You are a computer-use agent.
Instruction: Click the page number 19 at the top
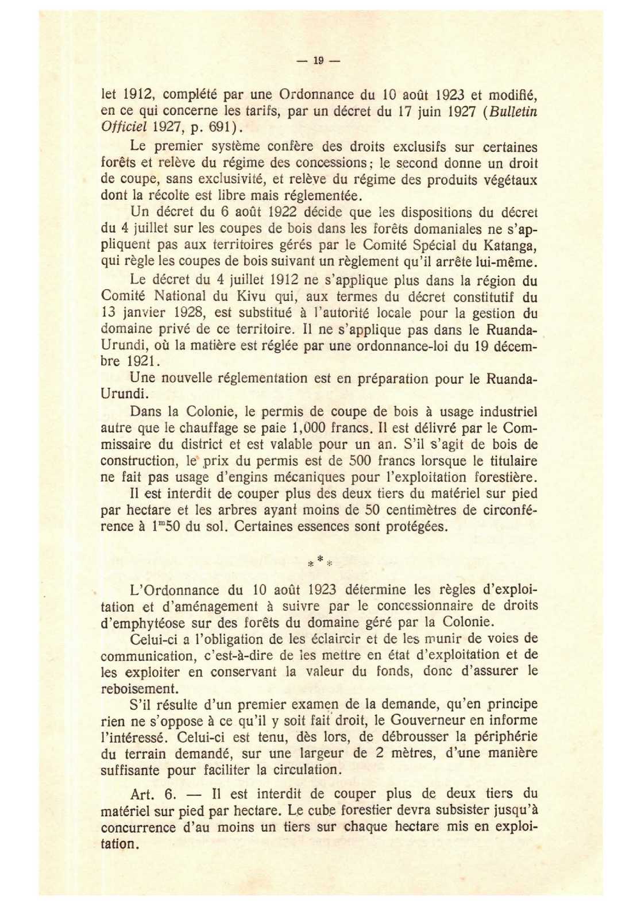(x=319, y=60)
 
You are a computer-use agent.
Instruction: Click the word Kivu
(x=250, y=297)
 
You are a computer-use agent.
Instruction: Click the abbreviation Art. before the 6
(x=143, y=794)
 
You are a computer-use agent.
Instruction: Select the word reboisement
(x=138, y=688)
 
